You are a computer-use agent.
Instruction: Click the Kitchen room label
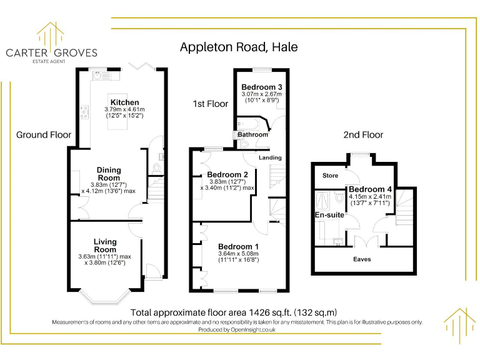125,102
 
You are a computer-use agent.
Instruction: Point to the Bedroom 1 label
238,246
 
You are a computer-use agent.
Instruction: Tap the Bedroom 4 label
371,189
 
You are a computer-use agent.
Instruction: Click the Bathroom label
252,134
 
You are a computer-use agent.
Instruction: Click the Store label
330,176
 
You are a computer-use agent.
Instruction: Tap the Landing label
271,157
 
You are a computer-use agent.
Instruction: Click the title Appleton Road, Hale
239,47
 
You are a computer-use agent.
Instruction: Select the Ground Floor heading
44,134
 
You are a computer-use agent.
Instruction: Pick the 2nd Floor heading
363,134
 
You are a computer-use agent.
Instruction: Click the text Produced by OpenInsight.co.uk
237,330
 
